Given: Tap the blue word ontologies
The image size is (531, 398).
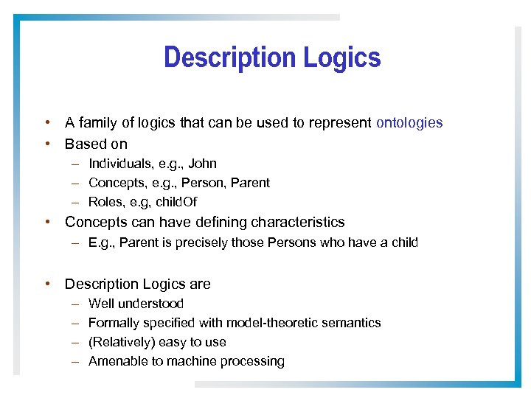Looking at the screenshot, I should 409,123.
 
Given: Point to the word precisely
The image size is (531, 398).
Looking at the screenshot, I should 201,243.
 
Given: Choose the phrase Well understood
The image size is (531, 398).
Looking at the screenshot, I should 136,304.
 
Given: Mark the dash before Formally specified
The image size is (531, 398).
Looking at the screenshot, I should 76,323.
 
